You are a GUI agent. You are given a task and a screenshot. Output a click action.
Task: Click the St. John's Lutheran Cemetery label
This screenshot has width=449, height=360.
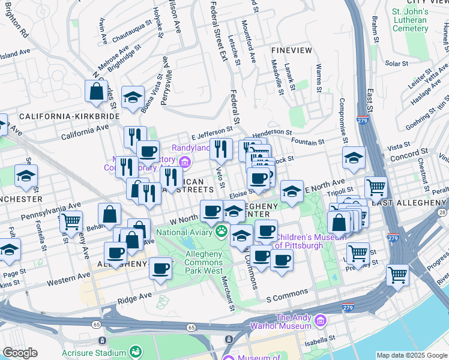[409, 20]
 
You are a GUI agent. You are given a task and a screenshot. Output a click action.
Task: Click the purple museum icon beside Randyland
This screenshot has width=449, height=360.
[185, 161]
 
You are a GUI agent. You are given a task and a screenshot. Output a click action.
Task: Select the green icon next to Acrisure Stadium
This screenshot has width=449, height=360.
[136, 353]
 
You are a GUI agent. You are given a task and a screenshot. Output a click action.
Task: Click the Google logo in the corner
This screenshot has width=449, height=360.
[20, 353]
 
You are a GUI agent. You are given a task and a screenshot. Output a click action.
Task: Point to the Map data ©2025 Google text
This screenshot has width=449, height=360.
[411, 355]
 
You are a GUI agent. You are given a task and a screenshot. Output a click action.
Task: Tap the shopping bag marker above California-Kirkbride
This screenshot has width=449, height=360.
[97, 92]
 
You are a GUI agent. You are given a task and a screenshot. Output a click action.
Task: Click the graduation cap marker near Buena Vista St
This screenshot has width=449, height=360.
[132, 98]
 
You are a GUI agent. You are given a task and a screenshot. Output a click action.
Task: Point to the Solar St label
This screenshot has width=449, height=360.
[396, 63]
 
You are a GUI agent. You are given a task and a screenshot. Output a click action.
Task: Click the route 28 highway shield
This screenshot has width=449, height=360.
[442, 213]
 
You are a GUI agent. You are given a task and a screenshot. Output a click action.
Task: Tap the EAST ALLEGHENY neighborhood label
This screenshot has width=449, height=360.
[408, 203]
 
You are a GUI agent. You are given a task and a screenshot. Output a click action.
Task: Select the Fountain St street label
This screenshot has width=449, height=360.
[307, 142]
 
